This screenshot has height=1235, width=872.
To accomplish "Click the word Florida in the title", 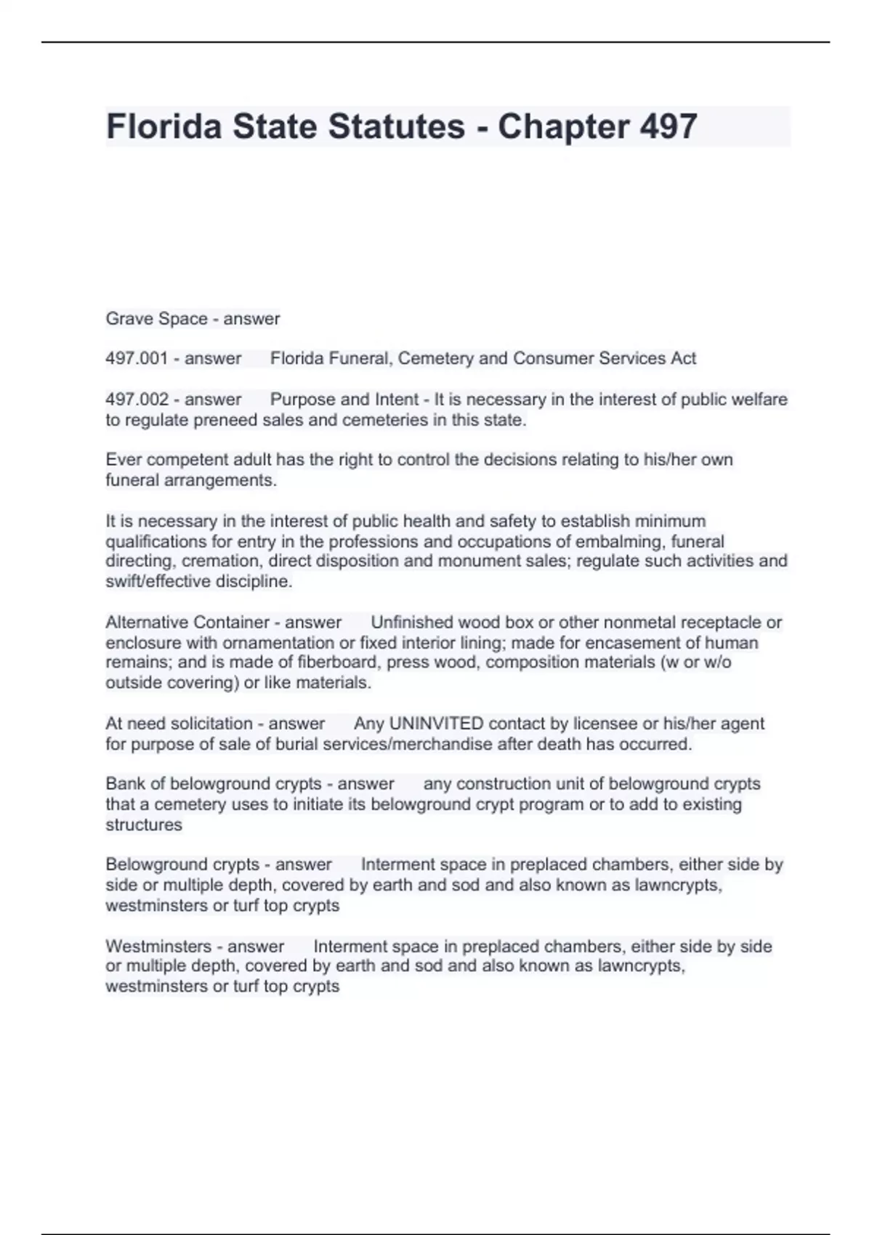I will click(163, 126).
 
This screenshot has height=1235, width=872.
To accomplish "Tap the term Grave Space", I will click(156, 318).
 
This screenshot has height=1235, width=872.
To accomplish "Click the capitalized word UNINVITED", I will click(436, 724).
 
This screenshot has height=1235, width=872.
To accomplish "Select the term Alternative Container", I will click(187, 623).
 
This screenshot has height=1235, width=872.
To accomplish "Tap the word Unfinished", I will click(413, 623).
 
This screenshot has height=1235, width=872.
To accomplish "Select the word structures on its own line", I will click(144, 825).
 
